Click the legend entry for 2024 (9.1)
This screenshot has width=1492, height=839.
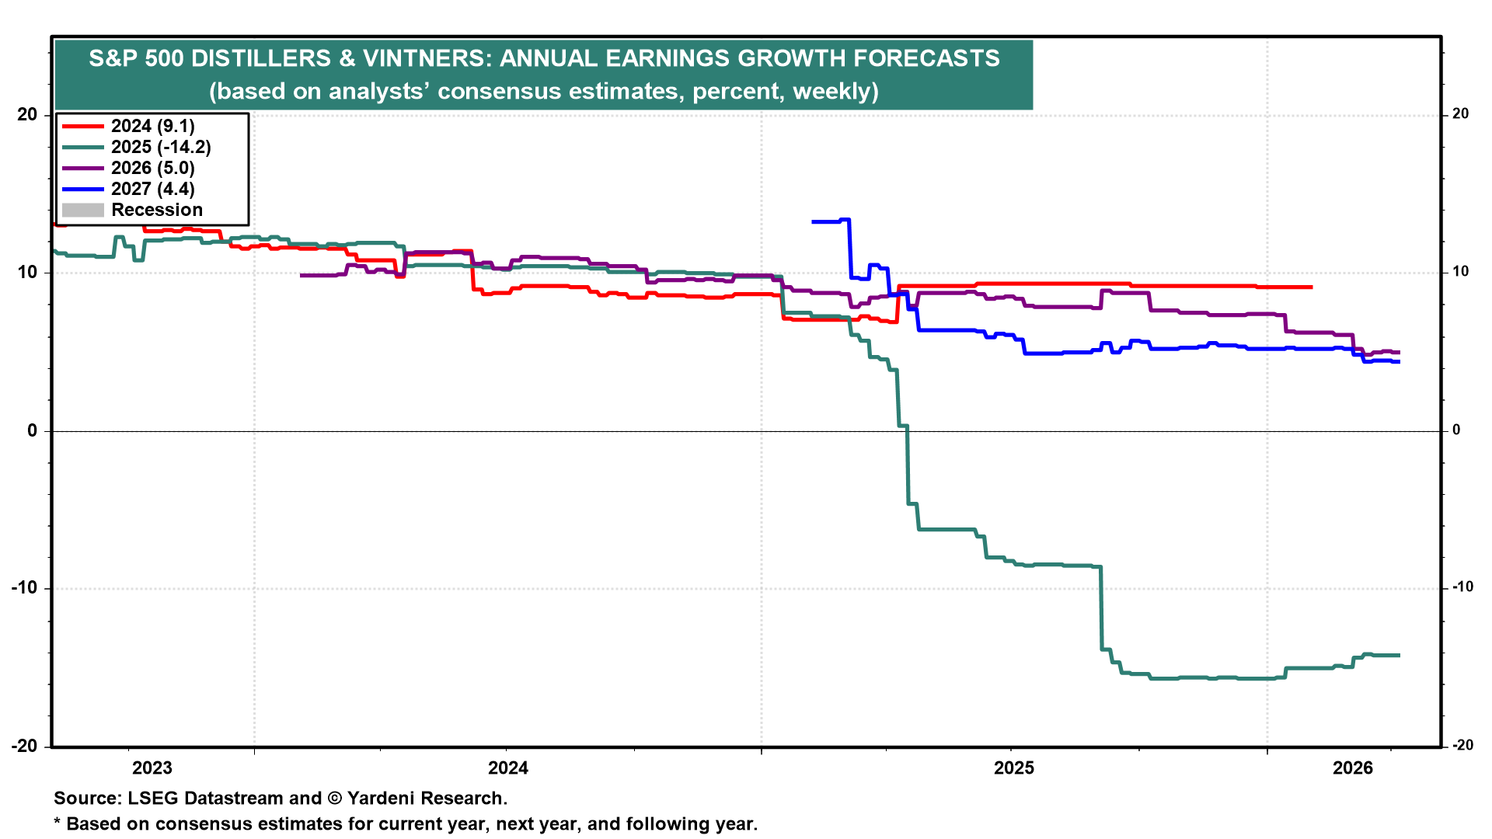pos(152,126)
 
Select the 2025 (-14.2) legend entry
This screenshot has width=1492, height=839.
pos(160,147)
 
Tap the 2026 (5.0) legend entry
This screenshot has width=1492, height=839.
pos(152,168)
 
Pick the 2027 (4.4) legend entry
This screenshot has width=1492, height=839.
pos(152,189)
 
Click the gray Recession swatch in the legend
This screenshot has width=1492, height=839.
pos(83,210)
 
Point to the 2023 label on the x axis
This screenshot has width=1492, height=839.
pos(152,768)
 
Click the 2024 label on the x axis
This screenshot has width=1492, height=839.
pos(507,768)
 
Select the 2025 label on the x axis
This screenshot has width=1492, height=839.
pos(1014,768)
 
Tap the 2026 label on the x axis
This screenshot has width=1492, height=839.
pos(1353,768)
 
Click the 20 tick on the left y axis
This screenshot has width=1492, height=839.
pos(27,115)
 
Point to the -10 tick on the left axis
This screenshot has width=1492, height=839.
pos(24,587)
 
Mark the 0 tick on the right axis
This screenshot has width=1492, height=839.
pos(1456,430)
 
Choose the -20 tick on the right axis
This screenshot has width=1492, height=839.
pos(1462,745)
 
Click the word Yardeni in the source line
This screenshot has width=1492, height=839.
pos(378,798)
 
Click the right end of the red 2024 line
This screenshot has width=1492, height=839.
pos(1311,287)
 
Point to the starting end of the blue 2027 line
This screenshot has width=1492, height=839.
pos(813,222)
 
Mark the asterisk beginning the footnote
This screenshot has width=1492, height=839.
pos(57,822)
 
